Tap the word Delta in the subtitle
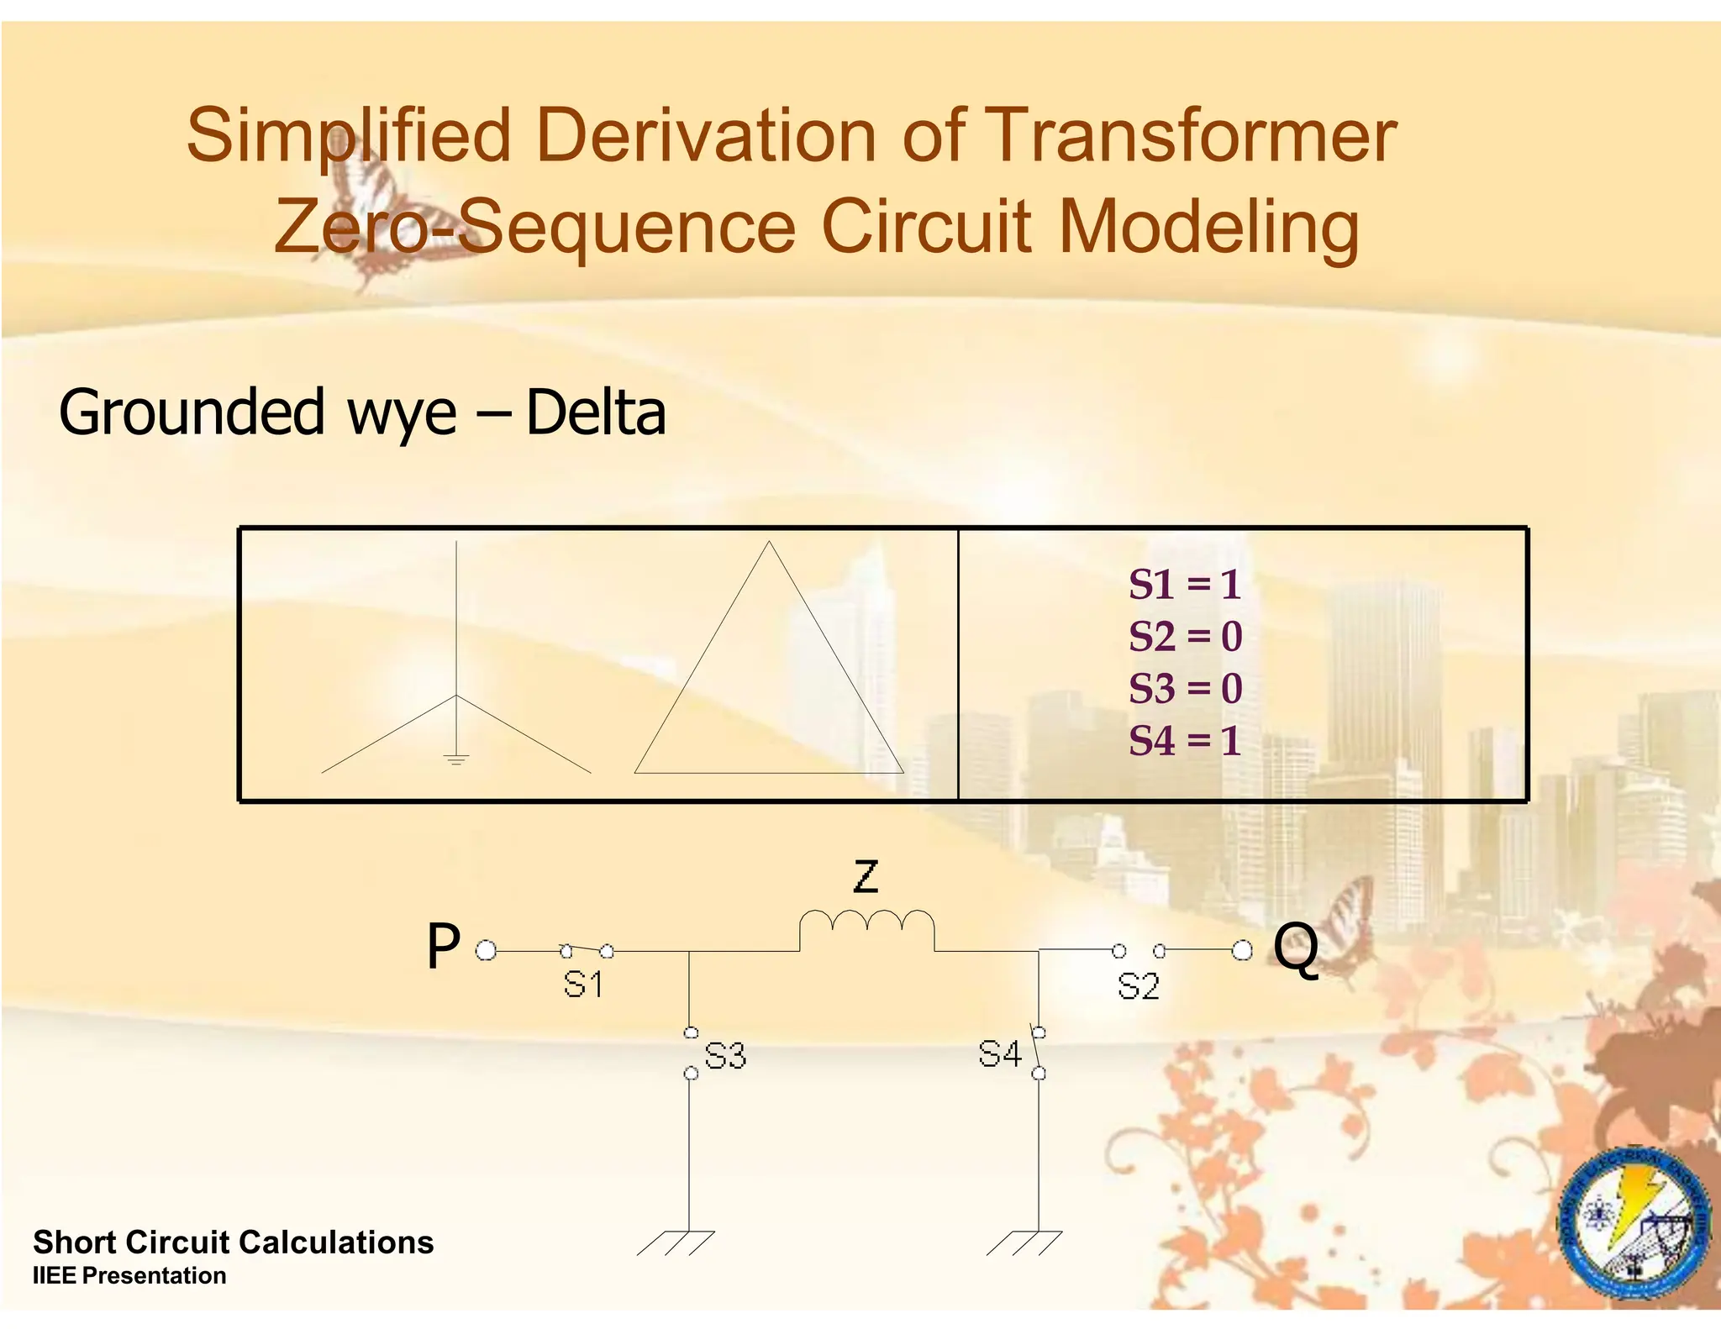[x=595, y=413]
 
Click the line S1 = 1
[x=1185, y=585]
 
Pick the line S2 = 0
[x=1185, y=637]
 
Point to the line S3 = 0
[x=1185, y=689]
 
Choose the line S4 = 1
[x=1185, y=741]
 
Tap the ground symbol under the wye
[x=455, y=760]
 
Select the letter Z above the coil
[x=866, y=876]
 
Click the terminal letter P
[x=444, y=947]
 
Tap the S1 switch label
[x=583, y=984]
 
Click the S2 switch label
[x=1139, y=986]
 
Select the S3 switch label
[x=725, y=1055]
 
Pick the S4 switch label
[x=1000, y=1053]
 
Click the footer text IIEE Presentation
[x=129, y=1275]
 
